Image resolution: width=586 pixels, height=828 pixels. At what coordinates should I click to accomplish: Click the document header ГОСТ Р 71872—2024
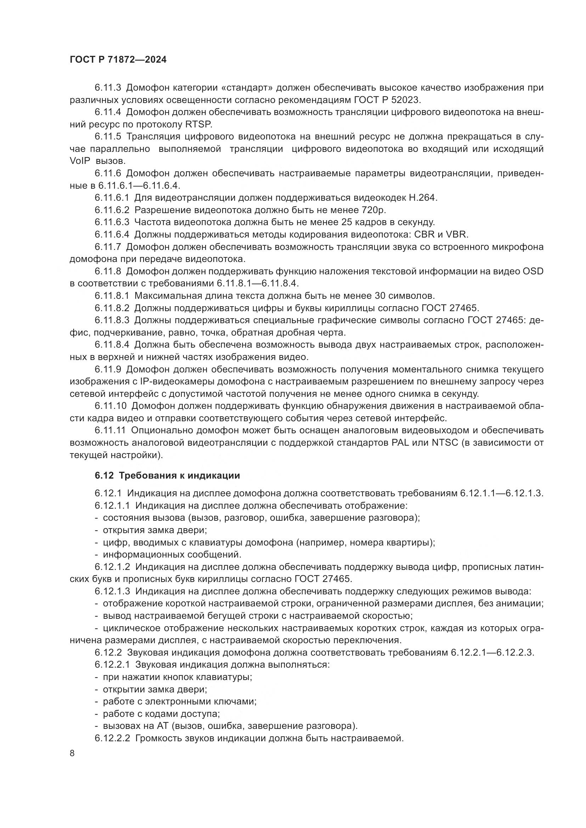(x=118, y=60)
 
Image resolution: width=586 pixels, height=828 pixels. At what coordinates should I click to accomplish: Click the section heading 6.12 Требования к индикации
(x=168, y=475)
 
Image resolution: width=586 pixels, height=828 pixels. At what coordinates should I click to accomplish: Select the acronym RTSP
(x=198, y=124)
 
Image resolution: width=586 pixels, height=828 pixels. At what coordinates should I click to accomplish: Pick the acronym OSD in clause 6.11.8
(x=533, y=271)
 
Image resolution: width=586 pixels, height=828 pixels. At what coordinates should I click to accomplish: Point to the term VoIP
(x=79, y=161)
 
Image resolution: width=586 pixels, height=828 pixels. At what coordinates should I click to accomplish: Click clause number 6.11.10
(x=111, y=406)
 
